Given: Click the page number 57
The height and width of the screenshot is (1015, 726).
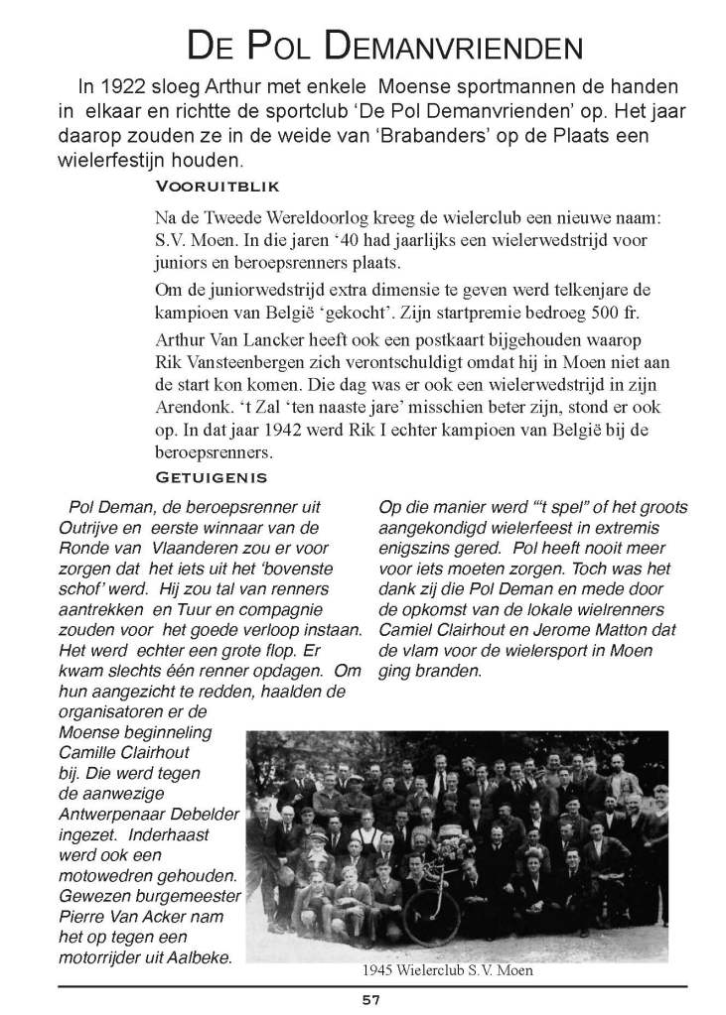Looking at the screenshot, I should (x=371, y=1000).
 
